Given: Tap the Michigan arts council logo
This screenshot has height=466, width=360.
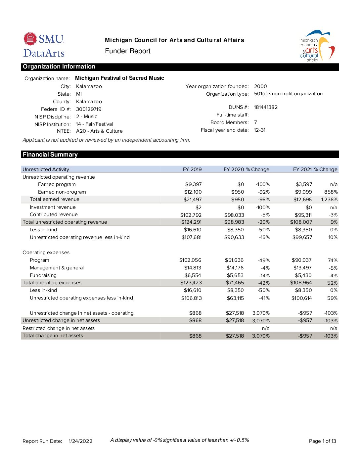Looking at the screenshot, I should tap(317, 46).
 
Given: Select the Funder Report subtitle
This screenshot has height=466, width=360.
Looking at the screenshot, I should tap(128, 51).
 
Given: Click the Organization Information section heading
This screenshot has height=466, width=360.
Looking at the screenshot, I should tap(59, 67).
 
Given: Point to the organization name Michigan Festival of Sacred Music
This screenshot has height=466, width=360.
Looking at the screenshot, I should tap(119, 78).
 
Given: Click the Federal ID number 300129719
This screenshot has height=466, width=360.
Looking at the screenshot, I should tap(89, 109).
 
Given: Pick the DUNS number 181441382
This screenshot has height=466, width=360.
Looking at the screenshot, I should tap(266, 107).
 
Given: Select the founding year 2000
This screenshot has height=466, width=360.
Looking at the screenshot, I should tap(260, 86).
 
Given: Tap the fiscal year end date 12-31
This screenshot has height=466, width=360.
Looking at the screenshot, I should tap(260, 130).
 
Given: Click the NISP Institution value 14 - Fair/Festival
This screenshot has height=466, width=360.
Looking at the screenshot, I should tap(95, 124).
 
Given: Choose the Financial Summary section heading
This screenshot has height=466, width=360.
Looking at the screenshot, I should tap(50, 155).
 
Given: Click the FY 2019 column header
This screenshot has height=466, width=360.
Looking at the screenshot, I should tap(192, 169).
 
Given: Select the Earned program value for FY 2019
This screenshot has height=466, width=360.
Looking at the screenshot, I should tap(193, 184).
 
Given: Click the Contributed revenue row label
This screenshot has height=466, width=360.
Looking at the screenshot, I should tap(54, 214).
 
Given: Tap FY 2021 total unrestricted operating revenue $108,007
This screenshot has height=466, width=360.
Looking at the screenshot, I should tap(301, 222).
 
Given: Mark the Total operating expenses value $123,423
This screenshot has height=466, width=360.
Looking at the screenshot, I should tap(191, 283).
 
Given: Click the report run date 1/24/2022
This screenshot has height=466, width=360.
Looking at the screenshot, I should tap(80, 441).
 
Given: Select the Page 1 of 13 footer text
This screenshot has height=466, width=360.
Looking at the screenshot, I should tap(322, 441).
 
